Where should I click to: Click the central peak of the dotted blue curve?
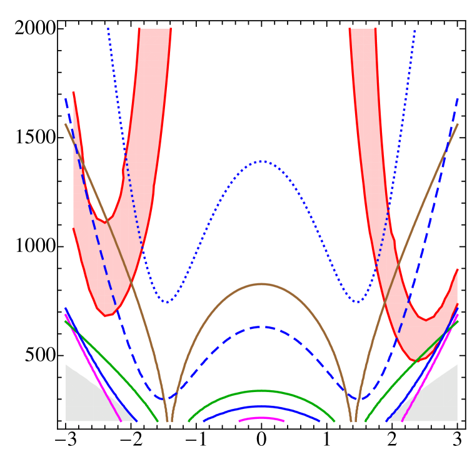(x=262, y=161)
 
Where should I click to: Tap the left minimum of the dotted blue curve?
(x=167, y=302)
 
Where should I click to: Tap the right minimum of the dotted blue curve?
(x=357, y=302)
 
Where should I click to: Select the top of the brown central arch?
(x=262, y=285)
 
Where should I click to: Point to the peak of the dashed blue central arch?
(x=262, y=326)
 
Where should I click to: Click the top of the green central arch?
(x=262, y=391)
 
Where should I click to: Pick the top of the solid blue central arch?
(x=262, y=406)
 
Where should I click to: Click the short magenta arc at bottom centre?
(x=262, y=418)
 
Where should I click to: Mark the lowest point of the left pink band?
(x=106, y=315)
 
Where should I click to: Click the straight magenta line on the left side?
(x=94, y=369)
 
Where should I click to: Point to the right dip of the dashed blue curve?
(x=359, y=398)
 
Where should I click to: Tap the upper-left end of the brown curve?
(x=66, y=125)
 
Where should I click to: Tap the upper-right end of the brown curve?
(x=457, y=125)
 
